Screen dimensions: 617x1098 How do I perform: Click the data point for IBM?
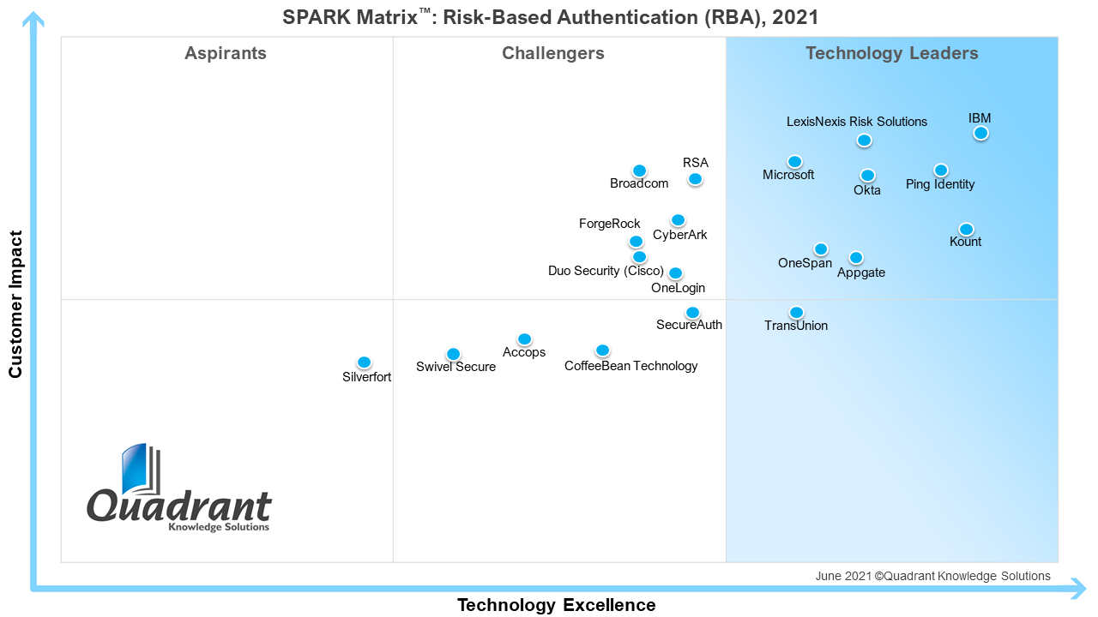click(x=980, y=133)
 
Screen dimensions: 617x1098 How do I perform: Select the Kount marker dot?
click(x=966, y=229)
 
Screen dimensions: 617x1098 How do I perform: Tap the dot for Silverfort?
click(x=364, y=362)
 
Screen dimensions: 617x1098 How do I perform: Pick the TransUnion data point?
click(x=796, y=313)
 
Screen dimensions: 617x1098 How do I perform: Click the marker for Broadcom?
click(x=639, y=171)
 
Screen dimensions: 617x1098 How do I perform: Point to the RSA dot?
click(x=695, y=179)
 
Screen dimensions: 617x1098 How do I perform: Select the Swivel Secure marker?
click(x=453, y=354)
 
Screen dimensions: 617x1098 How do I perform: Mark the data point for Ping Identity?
click(x=941, y=171)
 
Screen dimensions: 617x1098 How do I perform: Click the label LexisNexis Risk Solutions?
click(x=856, y=122)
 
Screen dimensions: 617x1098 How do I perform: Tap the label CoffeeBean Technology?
click(x=630, y=366)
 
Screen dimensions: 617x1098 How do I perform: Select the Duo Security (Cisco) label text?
click(x=606, y=271)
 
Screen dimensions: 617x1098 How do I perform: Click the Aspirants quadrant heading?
click(x=226, y=53)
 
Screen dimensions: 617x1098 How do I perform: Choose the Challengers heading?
click(x=553, y=53)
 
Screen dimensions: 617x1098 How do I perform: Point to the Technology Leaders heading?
click(x=891, y=53)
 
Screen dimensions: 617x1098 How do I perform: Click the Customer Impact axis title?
click(x=15, y=303)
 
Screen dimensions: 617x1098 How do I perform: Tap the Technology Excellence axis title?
click(x=556, y=605)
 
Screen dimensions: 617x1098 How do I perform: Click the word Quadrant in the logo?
click(x=179, y=506)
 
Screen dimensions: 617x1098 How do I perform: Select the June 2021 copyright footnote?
click(x=932, y=576)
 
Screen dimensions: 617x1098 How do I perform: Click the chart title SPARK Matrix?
click(x=550, y=16)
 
